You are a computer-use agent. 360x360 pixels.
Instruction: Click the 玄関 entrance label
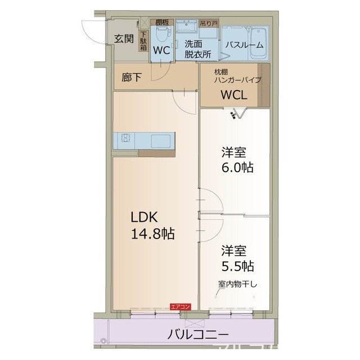(x=124, y=39)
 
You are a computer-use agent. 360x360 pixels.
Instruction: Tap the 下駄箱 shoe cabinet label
(x=143, y=41)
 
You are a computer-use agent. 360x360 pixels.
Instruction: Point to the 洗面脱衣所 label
(x=197, y=49)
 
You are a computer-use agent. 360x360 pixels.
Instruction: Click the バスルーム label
(x=244, y=46)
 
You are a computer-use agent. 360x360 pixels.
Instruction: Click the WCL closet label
(x=233, y=94)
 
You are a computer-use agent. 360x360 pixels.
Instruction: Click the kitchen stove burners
(x=124, y=138)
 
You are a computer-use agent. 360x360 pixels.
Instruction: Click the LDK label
(x=147, y=218)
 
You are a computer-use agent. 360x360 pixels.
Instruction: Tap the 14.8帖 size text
(x=152, y=235)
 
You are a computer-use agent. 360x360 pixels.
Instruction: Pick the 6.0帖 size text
(x=237, y=167)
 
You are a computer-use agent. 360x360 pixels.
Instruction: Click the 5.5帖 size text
(x=237, y=265)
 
